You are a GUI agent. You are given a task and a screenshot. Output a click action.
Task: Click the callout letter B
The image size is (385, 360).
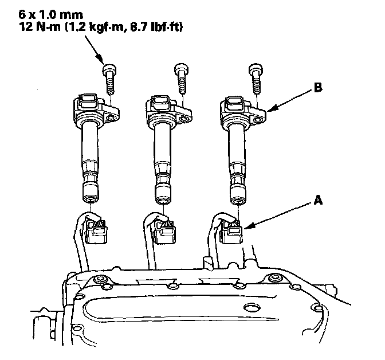point(318,88)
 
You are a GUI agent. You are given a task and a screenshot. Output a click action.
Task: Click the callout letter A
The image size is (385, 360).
point(318,200)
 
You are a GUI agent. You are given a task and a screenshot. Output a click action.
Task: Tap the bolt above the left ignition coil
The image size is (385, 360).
point(109,79)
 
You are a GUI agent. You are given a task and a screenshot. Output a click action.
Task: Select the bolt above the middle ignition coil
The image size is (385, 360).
point(182,79)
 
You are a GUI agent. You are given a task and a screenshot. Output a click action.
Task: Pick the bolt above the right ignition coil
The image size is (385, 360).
point(256,79)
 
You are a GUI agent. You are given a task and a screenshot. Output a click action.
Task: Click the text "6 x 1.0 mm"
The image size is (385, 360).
point(51,15)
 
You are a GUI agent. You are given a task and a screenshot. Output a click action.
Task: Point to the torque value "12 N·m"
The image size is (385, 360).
point(40,27)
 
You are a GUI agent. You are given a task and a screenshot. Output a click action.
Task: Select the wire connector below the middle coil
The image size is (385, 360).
point(164,230)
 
